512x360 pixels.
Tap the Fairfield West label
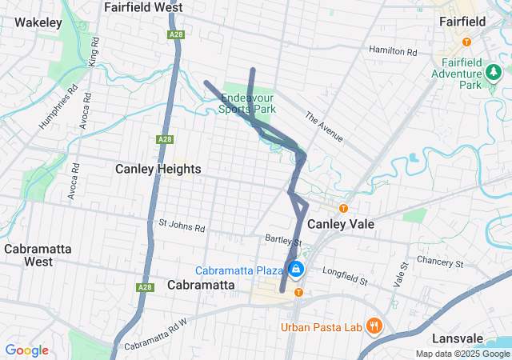[x=143, y=7]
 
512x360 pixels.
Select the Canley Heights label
[x=158, y=169]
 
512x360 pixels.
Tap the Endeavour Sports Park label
[x=249, y=104]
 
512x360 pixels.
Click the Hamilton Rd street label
[x=393, y=50]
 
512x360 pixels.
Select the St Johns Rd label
[x=182, y=227]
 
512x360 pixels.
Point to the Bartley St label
[x=283, y=240]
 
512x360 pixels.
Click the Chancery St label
[x=440, y=262]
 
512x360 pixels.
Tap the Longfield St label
[x=345, y=276]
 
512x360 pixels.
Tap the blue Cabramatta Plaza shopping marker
[x=297, y=269]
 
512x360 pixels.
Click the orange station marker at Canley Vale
[x=343, y=208]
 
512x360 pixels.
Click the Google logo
[x=26, y=350]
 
